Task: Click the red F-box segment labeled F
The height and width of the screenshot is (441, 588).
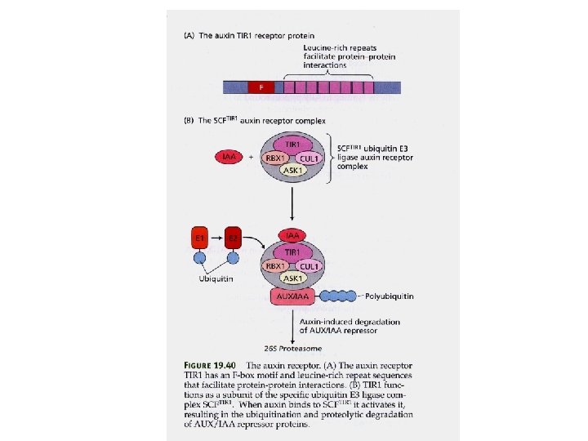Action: pyautogui.click(x=261, y=87)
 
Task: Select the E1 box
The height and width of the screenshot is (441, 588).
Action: pyautogui.click(x=198, y=238)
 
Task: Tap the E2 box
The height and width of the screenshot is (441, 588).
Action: pyautogui.click(x=234, y=238)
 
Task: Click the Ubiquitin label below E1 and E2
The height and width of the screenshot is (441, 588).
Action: pyautogui.click(x=216, y=278)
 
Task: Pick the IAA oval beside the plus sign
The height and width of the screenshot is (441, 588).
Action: pyautogui.click(x=229, y=154)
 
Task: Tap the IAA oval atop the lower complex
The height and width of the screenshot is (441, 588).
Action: pyautogui.click(x=292, y=236)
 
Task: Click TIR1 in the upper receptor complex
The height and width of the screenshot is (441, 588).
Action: pyautogui.click(x=292, y=143)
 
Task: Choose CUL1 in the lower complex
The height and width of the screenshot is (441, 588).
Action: pyautogui.click(x=307, y=265)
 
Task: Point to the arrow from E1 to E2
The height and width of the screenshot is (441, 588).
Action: pyautogui.click(x=216, y=238)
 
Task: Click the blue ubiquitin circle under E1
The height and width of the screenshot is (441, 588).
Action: pyautogui.click(x=198, y=258)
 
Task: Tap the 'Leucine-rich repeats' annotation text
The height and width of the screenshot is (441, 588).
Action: pyautogui.click(x=336, y=49)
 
